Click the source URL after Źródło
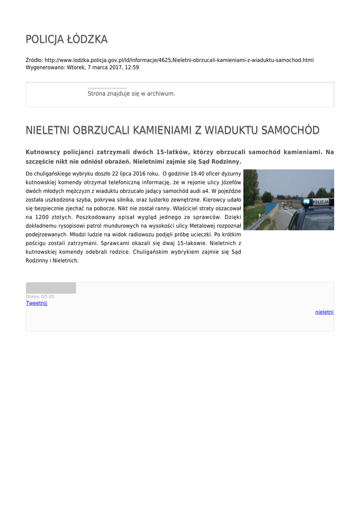[x=179, y=60]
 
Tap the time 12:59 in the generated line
[x=132, y=67]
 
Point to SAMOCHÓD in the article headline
[x=290, y=130]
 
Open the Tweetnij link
[x=36, y=303]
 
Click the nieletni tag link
[x=324, y=312]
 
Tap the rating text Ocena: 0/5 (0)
[x=40, y=297]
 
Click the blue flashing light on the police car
[x=307, y=202]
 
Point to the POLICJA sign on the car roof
[x=322, y=202]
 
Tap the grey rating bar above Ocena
[x=51, y=288]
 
